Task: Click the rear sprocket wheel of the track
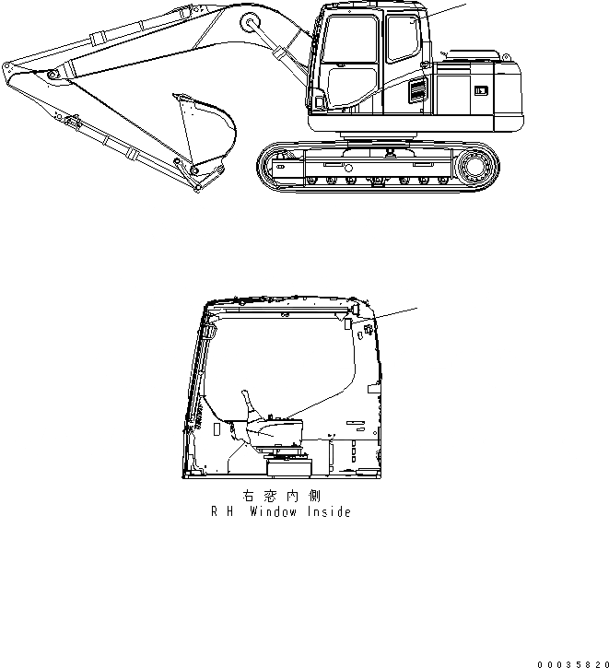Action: pos(476,169)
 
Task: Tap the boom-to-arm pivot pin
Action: pos(52,74)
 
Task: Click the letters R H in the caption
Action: pos(221,512)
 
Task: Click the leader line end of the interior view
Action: pos(417,307)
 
